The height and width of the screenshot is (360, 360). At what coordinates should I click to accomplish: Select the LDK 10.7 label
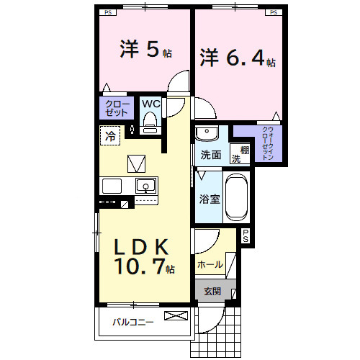pyautogui.click(x=142, y=256)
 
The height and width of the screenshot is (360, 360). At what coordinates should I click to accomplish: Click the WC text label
pyautogui.click(x=150, y=104)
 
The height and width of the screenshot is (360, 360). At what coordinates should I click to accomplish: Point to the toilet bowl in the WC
pyautogui.click(x=150, y=125)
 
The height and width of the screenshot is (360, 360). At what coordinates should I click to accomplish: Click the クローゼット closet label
pyautogui.click(x=116, y=109)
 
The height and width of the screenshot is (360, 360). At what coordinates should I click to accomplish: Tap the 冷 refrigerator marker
pyautogui.click(x=111, y=135)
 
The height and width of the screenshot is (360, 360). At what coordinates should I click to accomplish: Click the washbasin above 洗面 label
pyautogui.click(x=206, y=134)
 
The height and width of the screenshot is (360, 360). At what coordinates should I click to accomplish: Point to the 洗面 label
pyautogui.click(x=210, y=155)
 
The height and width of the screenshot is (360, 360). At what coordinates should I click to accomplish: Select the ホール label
pyautogui.click(x=210, y=265)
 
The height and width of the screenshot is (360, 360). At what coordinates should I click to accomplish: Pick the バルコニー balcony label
pyautogui.click(x=132, y=322)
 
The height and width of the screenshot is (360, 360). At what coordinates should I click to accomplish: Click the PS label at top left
pyautogui.click(x=108, y=12)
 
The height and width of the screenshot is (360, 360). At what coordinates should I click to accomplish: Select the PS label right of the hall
pyautogui.click(x=246, y=235)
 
